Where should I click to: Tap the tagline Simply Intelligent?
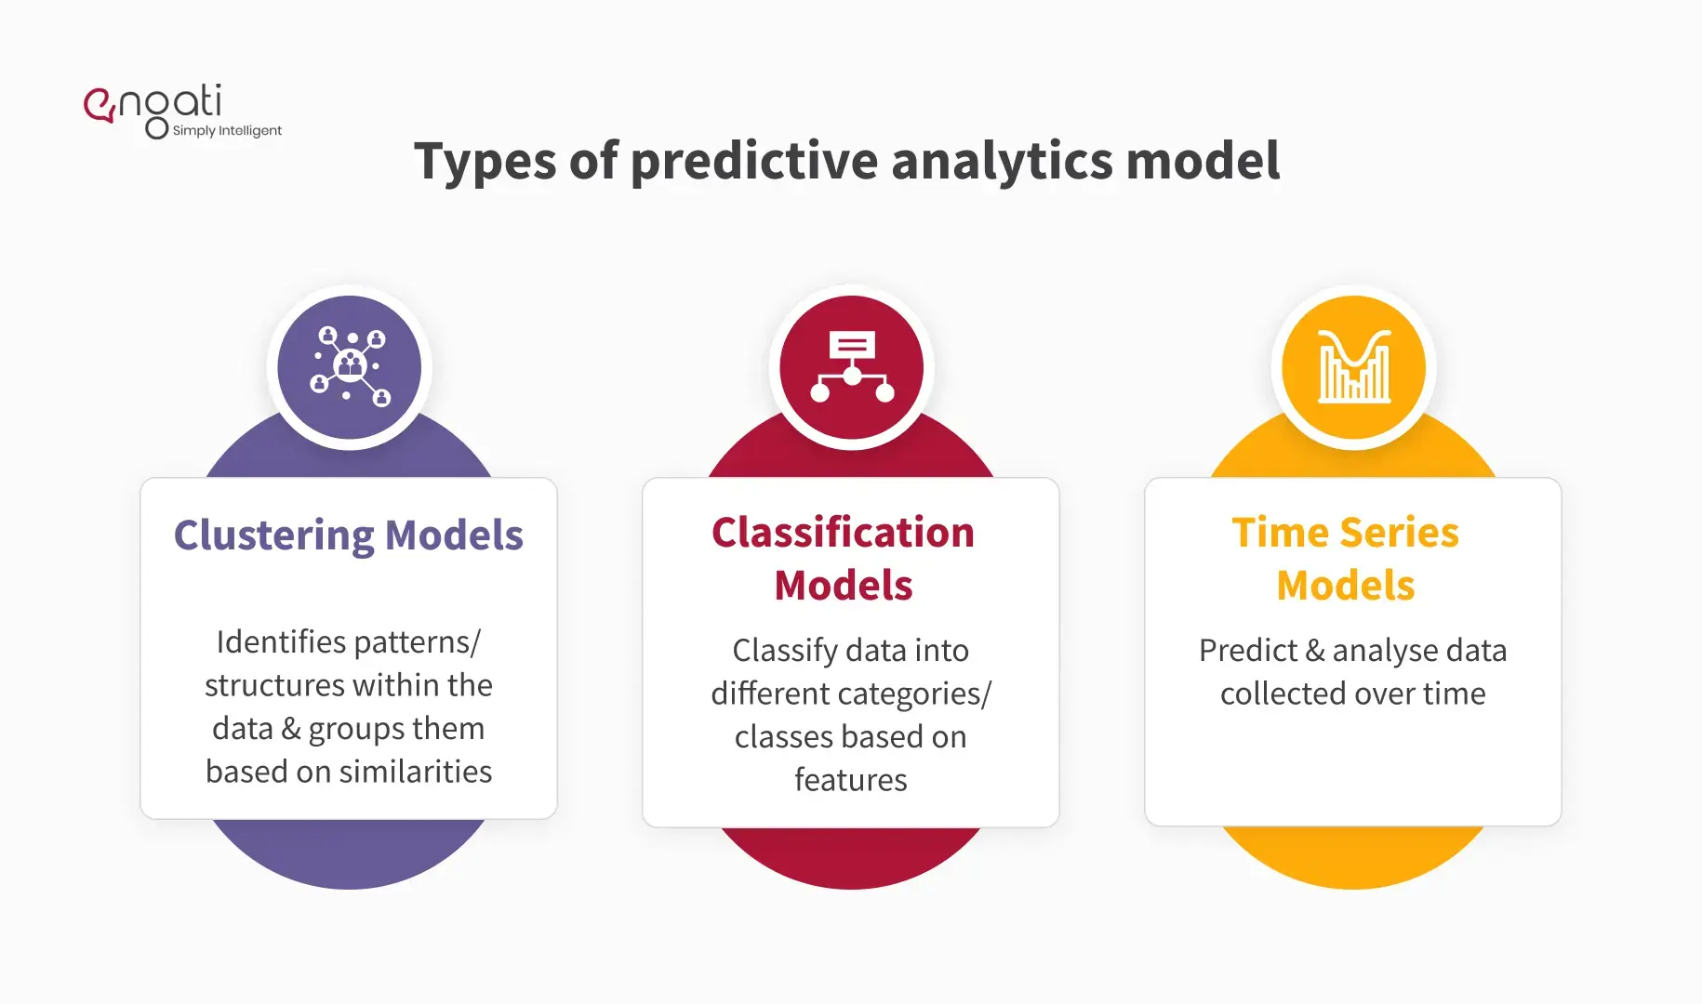pos(227,131)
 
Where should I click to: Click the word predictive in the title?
pos(753,162)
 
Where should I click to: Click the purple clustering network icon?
pos(350,367)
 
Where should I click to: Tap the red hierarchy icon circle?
pos(852,367)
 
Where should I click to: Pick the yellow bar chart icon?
pos(1354,367)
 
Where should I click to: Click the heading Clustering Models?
pos(349,535)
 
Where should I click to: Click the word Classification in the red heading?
pos(843,533)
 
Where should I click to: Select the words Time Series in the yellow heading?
pos(1345,533)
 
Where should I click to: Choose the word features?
pos(850,780)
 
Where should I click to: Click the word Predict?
pos(1247,651)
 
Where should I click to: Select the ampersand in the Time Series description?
pos(1315,651)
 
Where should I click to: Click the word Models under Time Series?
pos(1345,586)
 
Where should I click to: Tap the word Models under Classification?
pos(843,586)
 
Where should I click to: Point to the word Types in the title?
pos(485,162)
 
